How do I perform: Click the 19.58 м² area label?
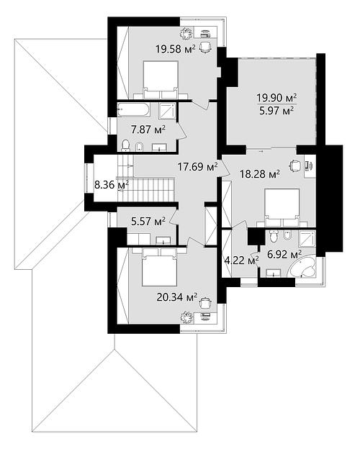point(176,49)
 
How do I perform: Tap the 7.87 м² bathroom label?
point(148,130)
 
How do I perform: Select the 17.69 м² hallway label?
point(198,166)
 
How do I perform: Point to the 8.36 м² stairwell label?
point(112,185)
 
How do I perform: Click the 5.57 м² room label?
point(148,222)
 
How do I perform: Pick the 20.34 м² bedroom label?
point(177,297)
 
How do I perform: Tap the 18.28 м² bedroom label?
point(260,174)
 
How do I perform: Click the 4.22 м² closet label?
point(242,260)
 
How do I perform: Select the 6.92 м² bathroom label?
point(284,254)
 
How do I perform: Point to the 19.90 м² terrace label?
point(276,98)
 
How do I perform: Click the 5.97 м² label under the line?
point(276,111)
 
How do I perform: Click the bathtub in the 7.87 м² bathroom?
point(133,110)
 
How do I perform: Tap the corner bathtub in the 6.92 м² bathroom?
point(303,268)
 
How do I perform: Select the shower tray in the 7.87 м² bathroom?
point(167,111)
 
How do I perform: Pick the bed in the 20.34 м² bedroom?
point(159,267)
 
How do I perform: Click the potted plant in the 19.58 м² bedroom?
point(186,33)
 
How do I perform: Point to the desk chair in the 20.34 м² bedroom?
point(204,302)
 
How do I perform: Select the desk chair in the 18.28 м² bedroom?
point(295,165)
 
